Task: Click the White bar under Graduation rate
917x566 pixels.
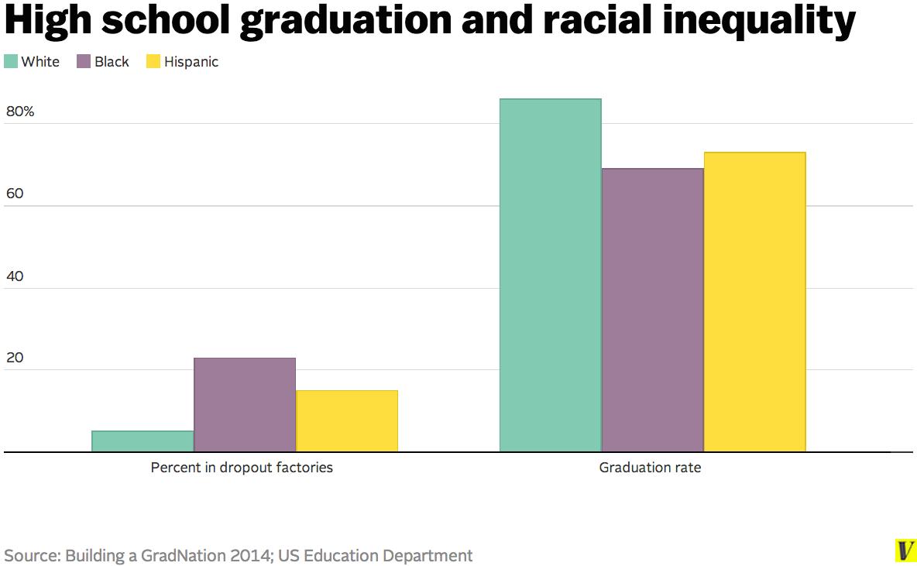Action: pos(550,275)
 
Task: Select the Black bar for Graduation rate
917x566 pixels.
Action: pos(652,310)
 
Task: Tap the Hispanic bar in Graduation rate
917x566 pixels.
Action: pos(754,302)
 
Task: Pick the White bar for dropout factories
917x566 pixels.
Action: pos(143,441)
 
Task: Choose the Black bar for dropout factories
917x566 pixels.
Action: pos(245,404)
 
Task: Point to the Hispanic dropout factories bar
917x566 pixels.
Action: pos(347,420)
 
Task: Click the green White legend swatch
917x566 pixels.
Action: pos(11,62)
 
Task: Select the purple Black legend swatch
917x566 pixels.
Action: pos(84,62)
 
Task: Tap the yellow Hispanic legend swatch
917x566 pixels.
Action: pos(153,62)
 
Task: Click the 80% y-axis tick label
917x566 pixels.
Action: pos(20,111)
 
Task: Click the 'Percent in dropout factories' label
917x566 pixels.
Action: pos(242,468)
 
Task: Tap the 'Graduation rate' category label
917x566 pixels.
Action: pos(650,468)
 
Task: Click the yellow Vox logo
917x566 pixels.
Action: pos(905,551)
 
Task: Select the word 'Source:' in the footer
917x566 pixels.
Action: pos(32,555)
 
